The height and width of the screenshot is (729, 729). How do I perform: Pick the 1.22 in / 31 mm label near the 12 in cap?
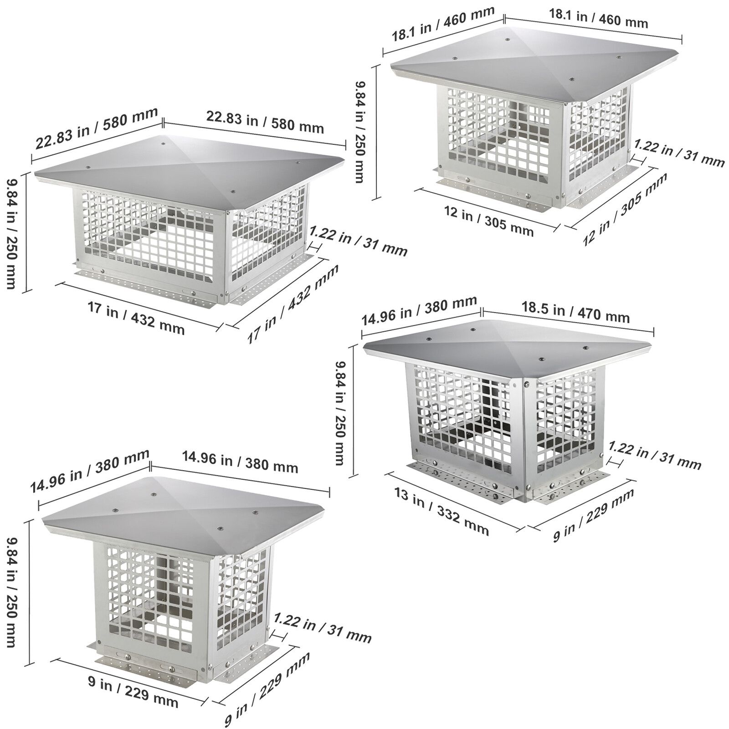(679, 154)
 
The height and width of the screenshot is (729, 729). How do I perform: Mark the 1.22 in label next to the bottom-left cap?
(323, 628)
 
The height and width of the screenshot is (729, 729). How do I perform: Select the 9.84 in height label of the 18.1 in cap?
(360, 132)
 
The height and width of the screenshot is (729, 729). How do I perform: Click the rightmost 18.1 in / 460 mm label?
(598, 19)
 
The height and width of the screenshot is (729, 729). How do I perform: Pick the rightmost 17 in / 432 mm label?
(293, 303)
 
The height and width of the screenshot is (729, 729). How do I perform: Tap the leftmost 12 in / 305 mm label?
(489, 221)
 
